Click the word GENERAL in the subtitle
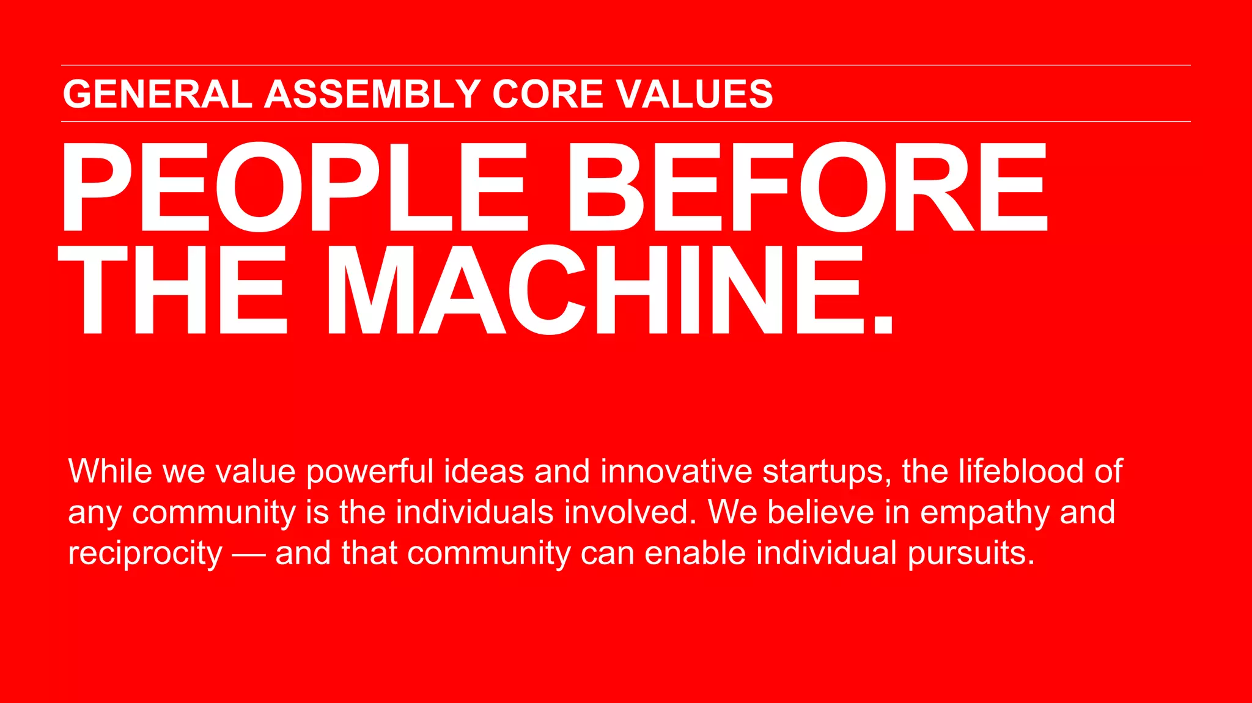coord(157,94)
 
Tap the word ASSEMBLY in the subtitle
coord(372,94)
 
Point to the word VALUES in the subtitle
coord(694,94)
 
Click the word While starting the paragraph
coord(109,471)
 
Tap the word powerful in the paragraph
coord(370,471)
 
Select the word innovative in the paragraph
coord(676,471)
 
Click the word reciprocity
coord(145,554)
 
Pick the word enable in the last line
coord(695,553)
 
